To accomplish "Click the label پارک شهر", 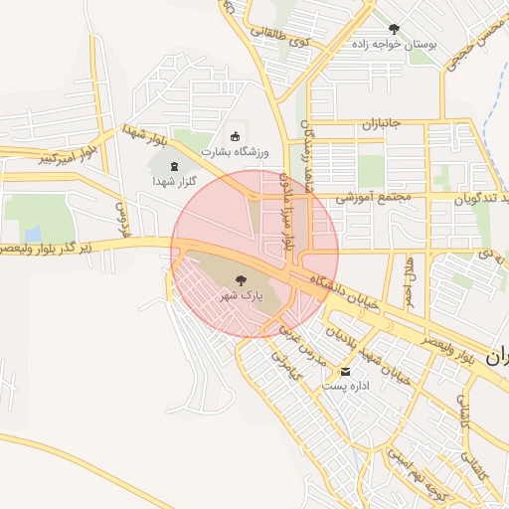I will point(242,296).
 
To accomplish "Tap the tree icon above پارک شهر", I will point(242,280).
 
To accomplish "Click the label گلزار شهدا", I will point(176,182).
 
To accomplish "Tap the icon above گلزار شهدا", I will point(176,166).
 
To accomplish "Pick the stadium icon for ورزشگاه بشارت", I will point(236,136).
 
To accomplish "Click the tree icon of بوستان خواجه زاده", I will point(394,29).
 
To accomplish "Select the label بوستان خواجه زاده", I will point(398,45).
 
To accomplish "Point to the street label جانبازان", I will point(379,123).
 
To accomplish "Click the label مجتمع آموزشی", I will point(366,198).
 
